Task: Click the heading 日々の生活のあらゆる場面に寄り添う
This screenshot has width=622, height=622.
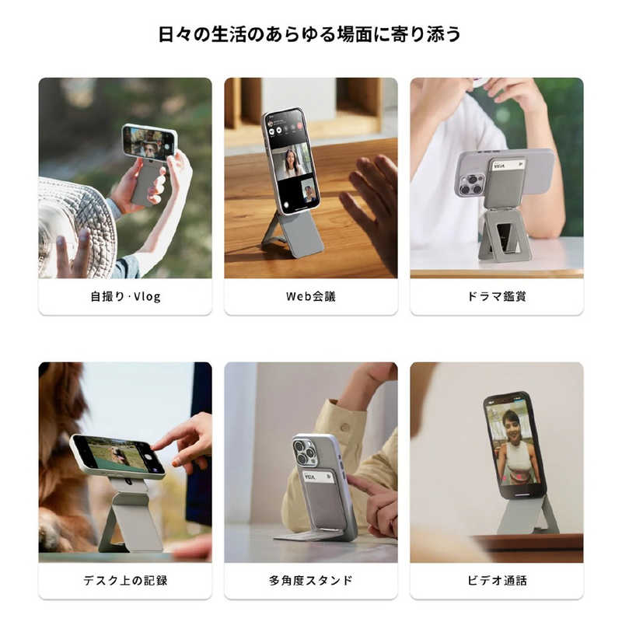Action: [310, 34]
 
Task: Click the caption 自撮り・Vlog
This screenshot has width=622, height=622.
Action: [125, 296]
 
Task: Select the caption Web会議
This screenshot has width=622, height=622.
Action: [310, 296]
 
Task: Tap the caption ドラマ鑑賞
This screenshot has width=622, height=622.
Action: [497, 296]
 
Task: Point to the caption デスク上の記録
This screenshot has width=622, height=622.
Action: [125, 580]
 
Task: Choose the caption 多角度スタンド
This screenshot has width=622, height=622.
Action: [310, 580]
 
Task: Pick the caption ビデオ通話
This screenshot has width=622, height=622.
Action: [497, 580]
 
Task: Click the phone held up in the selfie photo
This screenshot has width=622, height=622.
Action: [149, 142]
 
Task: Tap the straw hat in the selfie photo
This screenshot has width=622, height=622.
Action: [74, 222]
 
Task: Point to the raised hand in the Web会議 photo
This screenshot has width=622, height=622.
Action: [372, 204]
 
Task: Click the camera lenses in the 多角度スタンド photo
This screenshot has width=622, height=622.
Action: [305, 453]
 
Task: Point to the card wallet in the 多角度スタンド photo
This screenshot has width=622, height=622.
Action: [325, 498]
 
